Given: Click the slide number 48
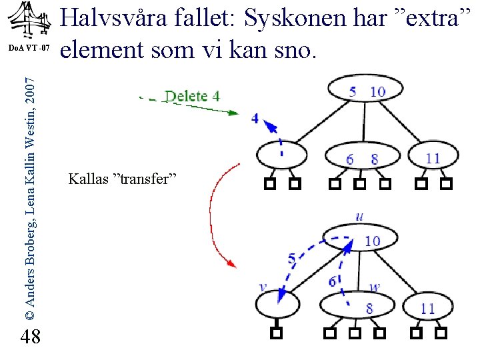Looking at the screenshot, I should (x=30, y=338).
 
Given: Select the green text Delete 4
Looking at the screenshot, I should (x=192, y=96).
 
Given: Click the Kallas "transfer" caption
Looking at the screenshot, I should (x=121, y=179).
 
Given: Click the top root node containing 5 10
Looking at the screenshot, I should (x=365, y=91).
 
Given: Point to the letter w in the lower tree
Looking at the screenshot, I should (x=375, y=288).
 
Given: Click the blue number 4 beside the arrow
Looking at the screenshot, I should (x=255, y=118).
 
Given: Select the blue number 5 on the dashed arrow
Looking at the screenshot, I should (x=291, y=259).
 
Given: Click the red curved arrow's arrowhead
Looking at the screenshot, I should (x=233, y=265).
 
